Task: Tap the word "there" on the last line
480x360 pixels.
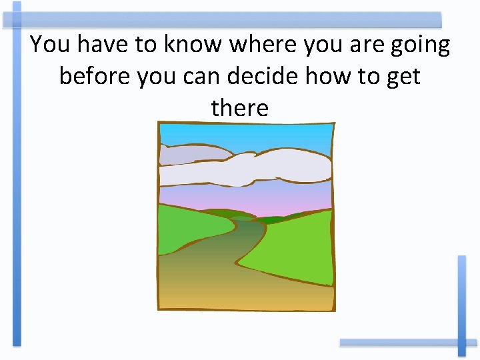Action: (x=239, y=107)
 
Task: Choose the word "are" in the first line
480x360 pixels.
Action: (x=359, y=46)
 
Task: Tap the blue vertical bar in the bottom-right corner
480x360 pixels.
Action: (x=461, y=300)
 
